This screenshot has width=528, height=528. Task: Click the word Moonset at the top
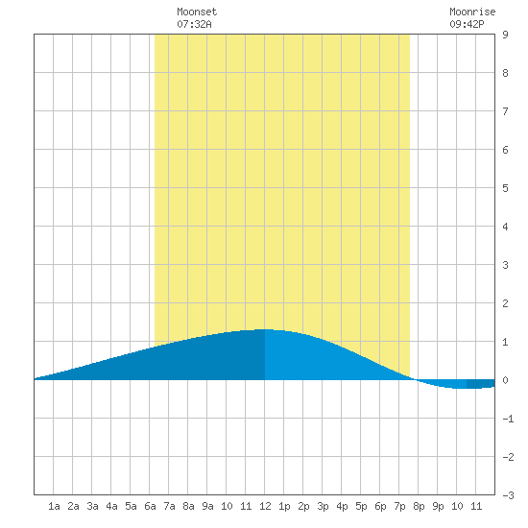pyautogui.click(x=197, y=12)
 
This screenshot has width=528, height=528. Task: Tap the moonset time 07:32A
pyautogui.click(x=194, y=24)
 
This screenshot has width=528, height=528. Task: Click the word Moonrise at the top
pyautogui.click(x=472, y=12)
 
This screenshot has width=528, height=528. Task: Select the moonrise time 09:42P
pyautogui.click(x=467, y=24)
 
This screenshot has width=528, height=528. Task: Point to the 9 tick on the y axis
pyautogui.click(x=505, y=35)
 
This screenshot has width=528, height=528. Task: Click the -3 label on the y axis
pyautogui.click(x=508, y=495)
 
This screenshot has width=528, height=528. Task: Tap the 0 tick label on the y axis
pyautogui.click(x=505, y=380)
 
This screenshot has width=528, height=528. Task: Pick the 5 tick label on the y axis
pyautogui.click(x=505, y=188)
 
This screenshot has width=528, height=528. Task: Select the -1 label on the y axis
pyautogui.click(x=508, y=419)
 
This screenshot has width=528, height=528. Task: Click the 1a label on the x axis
pyautogui.click(x=54, y=506)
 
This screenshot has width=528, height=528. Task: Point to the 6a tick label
pyautogui.click(x=150, y=506)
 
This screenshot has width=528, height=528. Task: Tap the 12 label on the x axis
pyautogui.click(x=265, y=506)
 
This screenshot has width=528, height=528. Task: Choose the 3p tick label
pyautogui.click(x=323, y=506)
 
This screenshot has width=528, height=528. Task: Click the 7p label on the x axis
pyautogui.click(x=399, y=506)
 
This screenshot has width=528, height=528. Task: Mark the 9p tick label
pyautogui.click(x=438, y=506)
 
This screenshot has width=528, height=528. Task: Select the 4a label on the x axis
pyautogui.click(x=111, y=506)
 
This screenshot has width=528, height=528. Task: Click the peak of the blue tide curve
pyautogui.click(x=265, y=329)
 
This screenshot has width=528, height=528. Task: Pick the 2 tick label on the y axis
pyautogui.click(x=505, y=303)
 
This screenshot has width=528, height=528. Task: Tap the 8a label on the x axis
pyautogui.click(x=188, y=506)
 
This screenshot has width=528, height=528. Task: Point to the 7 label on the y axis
pyautogui.click(x=505, y=111)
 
